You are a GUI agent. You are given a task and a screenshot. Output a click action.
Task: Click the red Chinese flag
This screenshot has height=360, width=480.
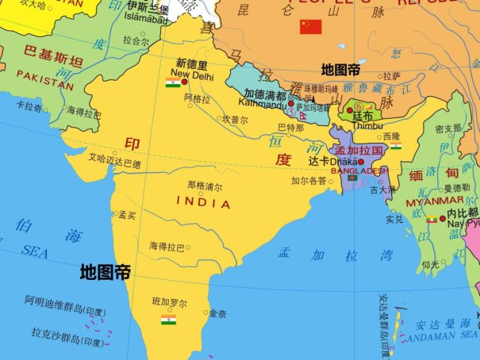point(309,27)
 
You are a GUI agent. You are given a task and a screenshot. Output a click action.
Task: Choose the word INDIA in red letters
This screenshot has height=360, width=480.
point(205,203)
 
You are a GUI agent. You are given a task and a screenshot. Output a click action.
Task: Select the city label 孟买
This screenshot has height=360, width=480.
point(127,215)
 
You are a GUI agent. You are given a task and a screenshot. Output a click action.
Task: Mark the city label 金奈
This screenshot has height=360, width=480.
point(217,314)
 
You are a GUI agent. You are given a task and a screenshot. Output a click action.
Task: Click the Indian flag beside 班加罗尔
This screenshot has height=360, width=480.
point(168,320)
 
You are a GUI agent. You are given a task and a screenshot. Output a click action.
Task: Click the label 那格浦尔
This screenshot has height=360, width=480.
point(204,187)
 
